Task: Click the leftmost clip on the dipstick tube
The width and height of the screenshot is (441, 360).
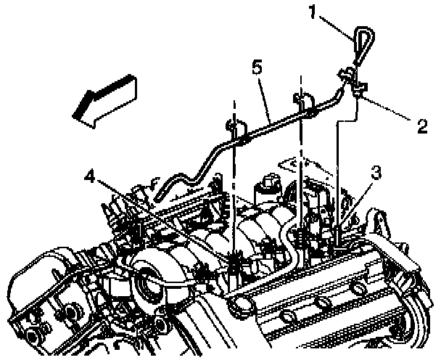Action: point(234,131)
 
